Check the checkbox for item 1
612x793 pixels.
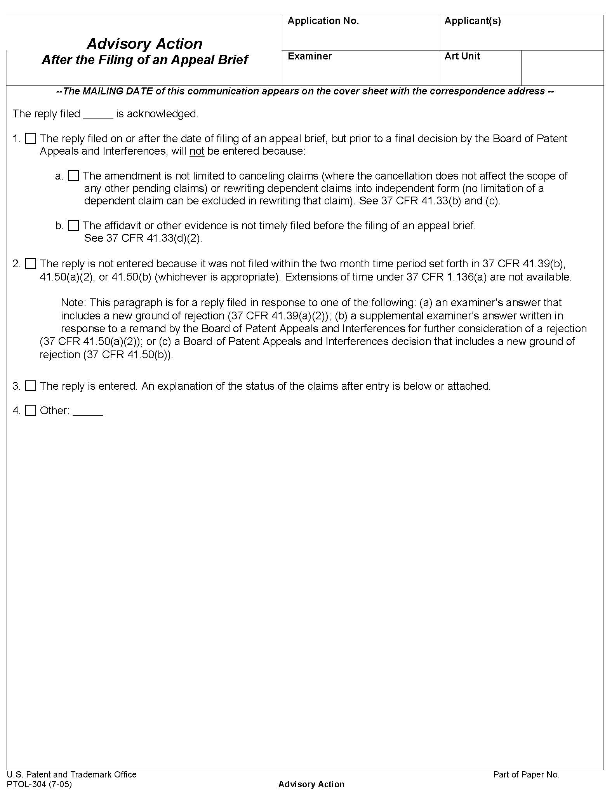click(x=31, y=139)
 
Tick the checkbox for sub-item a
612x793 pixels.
click(x=73, y=176)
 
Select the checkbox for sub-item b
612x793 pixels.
click(x=73, y=225)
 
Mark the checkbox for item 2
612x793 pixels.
click(x=31, y=264)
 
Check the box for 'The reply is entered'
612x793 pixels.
click(x=31, y=386)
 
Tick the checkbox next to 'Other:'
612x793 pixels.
click(x=31, y=410)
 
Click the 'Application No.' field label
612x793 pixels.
click(x=323, y=21)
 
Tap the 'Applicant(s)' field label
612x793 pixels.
click(x=473, y=21)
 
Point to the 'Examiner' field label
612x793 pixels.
click(x=309, y=56)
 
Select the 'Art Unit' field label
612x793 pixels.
click(x=462, y=56)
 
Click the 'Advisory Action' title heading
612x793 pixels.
click(x=144, y=44)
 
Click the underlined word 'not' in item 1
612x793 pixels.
click(x=197, y=151)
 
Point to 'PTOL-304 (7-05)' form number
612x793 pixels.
click(x=39, y=784)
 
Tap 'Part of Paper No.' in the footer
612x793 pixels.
click(x=526, y=774)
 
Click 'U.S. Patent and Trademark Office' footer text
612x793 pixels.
click(x=72, y=774)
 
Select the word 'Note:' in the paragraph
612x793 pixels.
click(x=74, y=303)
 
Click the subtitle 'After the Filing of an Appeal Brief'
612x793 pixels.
click(x=144, y=60)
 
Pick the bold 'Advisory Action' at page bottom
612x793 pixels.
click(x=311, y=784)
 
